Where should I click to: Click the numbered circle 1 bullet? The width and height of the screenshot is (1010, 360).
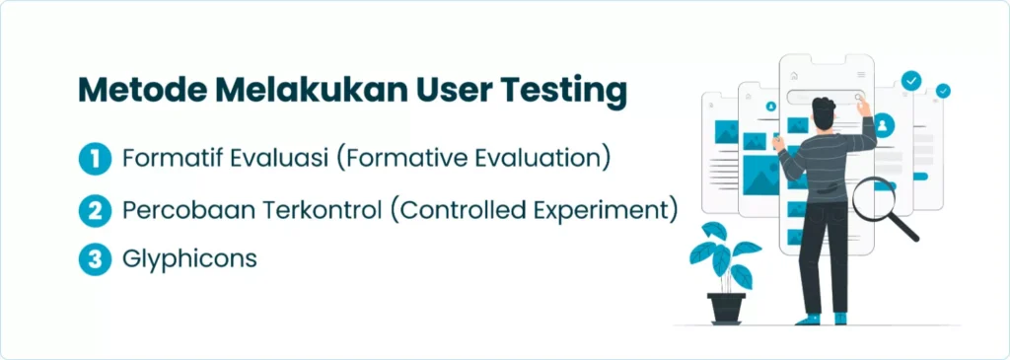coord(96,160)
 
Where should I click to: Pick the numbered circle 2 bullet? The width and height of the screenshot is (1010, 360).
coord(96,211)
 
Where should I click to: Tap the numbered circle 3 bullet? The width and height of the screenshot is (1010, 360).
coord(96,259)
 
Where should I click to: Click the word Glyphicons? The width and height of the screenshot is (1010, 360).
coord(189,259)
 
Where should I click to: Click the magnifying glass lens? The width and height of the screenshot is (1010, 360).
coord(874,198)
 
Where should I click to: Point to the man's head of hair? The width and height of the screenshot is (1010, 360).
coord(825,109)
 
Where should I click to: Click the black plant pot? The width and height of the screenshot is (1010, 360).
coord(726,309)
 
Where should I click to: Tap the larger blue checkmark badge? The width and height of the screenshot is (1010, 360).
coord(910,81)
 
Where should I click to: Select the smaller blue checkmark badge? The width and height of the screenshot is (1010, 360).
coord(943,92)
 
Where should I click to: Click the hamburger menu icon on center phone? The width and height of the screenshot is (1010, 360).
coord(860,75)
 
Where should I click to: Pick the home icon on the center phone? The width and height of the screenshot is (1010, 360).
coord(794,76)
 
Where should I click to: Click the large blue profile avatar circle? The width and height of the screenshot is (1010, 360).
coord(883,123)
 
